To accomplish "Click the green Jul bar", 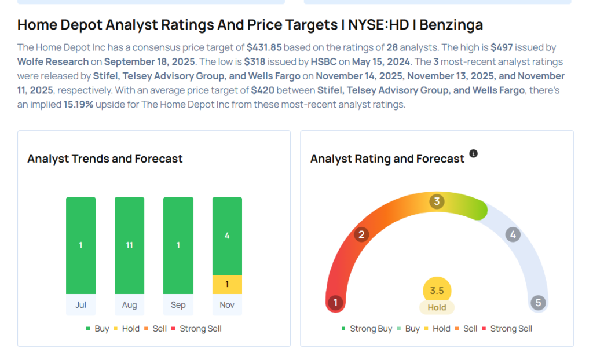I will (80, 245).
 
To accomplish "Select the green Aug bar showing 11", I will (129, 245).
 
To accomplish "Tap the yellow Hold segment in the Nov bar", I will (227, 284).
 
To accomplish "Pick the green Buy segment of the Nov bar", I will (227, 236).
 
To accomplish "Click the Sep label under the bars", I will (178, 305).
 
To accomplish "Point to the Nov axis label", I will (227, 305).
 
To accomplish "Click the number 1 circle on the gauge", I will (335, 303).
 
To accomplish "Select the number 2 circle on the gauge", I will (362, 234).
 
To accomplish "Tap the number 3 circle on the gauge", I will (437, 201).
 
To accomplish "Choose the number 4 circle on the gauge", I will (512, 234).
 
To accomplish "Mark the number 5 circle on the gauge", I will (538, 303).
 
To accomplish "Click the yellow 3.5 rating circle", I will (437, 291).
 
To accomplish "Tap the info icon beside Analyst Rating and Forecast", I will (474, 154).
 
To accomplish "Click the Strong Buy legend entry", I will (367, 329).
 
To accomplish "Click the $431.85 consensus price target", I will (264, 47).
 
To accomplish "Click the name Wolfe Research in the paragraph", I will (53, 61).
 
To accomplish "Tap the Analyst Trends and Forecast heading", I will (105, 159).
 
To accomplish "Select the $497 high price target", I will (501, 47).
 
